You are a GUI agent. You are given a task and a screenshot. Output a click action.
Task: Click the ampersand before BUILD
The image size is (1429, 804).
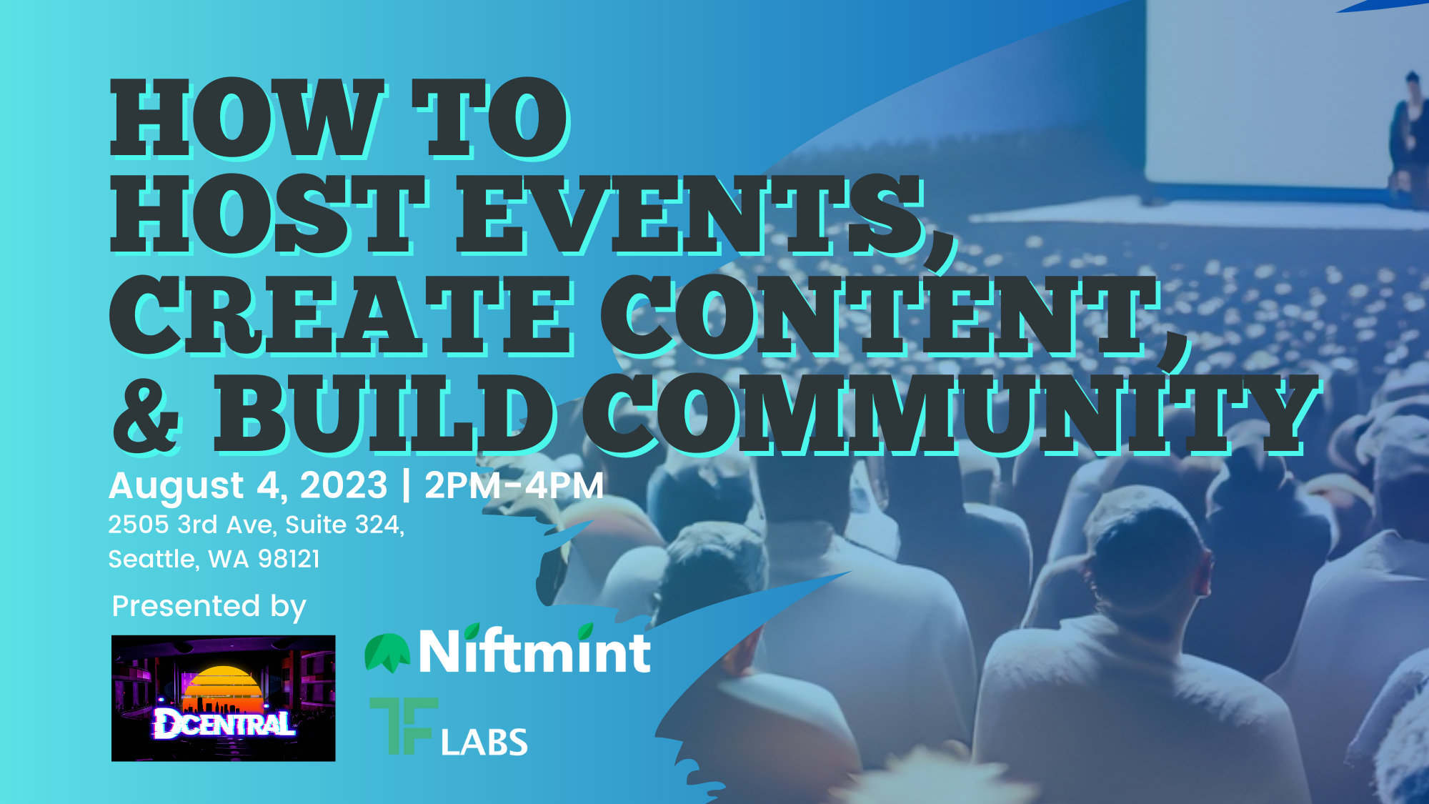146,415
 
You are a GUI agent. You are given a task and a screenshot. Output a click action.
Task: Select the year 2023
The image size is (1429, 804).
344,486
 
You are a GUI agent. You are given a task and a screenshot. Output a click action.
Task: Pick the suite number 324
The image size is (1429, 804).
379,525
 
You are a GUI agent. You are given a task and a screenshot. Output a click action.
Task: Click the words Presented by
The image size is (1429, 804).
209,607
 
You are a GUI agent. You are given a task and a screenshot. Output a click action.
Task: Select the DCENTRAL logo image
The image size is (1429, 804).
224,698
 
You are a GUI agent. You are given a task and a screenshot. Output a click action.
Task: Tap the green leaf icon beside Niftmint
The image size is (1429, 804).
387,653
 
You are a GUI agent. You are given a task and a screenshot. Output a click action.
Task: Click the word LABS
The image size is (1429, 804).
484,742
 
